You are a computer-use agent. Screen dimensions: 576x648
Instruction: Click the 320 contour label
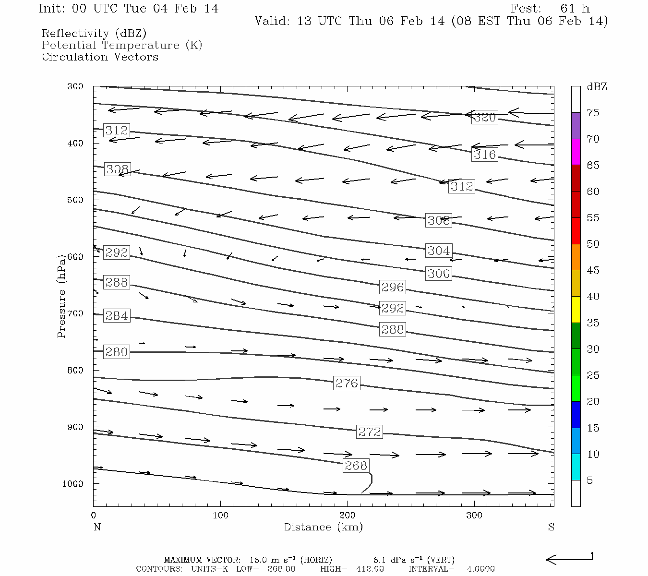(x=484, y=118)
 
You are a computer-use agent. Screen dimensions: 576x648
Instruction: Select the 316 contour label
(x=484, y=155)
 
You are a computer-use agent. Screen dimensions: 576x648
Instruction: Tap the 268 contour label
(x=356, y=466)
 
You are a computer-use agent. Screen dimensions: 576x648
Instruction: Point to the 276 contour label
(x=347, y=383)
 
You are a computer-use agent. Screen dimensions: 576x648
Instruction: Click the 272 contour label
(x=370, y=432)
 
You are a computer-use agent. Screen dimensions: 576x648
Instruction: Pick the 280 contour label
(x=117, y=352)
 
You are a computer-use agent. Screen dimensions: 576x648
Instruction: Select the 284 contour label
(x=117, y=316)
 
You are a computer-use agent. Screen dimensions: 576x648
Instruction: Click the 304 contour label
(x=439, y=251)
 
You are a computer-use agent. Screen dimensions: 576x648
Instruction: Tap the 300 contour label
(x=439, y=274)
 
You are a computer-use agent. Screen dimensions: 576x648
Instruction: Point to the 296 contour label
(x=393, y=287)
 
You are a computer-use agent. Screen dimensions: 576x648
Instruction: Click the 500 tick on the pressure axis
(x=75, y=200)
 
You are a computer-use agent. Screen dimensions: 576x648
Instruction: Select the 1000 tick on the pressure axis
(x=73, y=484)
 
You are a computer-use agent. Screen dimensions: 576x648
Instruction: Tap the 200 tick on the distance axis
(x=348, y=516)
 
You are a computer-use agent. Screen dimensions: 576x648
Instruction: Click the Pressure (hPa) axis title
(x=61, y=296)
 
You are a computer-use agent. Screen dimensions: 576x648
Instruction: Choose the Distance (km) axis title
(x=324, y=527)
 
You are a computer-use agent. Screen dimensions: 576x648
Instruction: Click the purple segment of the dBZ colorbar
(x=576, y=126)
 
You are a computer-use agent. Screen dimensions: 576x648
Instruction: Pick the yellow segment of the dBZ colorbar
(x=576, y=310)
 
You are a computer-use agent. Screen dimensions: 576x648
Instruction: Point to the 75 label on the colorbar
(x=593, y=113)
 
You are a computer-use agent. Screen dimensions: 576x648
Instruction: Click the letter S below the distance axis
(x=551, y=527)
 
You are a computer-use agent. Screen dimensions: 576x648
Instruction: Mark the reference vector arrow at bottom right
(x=569, y=559)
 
